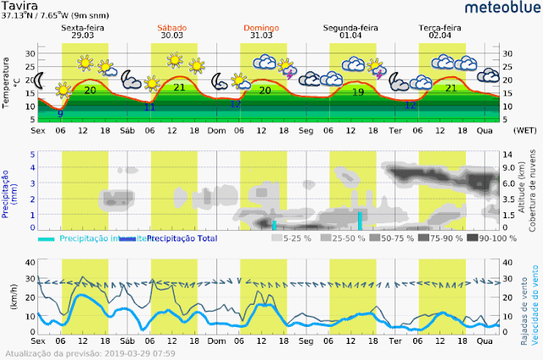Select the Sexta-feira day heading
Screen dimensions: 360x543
(x=84, y=29)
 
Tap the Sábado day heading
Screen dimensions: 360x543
(x=173, y=29)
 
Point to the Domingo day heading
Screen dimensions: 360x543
(x=264, y=29)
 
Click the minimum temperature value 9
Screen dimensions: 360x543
(x=59, y=113)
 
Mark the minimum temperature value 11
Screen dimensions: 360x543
(x=149, y=107)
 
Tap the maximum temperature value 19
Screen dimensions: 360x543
(x=358, y=92)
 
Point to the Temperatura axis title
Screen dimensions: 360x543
(x=8, y=83)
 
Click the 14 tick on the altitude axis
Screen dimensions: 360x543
(x=509, y=154)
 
